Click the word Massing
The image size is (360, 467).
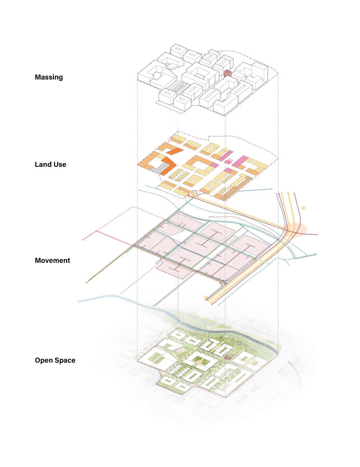[49, 77]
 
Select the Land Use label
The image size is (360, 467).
[51, 165]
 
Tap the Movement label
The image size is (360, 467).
[52, 260]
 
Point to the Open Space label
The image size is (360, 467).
[55, 360]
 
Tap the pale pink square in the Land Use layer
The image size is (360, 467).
[230, 161]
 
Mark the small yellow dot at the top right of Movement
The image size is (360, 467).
[303, 208]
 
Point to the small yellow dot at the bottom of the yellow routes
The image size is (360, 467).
[206, 297]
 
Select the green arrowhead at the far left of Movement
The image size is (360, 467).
[87, 283]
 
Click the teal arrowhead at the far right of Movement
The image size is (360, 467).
[315, 254]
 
